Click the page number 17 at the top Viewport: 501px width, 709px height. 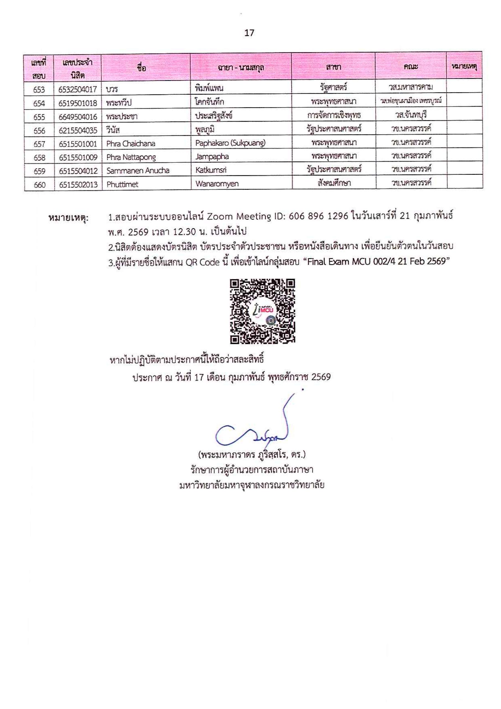[x=249, y=33]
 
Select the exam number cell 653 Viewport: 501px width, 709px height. [x=39, y=89]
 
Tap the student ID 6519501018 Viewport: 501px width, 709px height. [x=78, y=103]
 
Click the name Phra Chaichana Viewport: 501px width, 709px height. [x=131, y=143]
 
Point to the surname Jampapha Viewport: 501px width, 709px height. [x=212, y=156]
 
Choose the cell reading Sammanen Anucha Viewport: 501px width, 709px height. [x=137, y=170]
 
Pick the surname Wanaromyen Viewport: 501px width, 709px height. [x=217, y=184]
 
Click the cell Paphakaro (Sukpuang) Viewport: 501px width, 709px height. [x=230, y=143]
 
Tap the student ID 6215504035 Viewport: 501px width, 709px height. [x=78, y=130]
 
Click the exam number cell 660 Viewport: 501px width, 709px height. [x=39, y=185]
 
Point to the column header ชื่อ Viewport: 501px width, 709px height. [x=141, y=68]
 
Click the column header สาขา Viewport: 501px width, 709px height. [x=333, y=67]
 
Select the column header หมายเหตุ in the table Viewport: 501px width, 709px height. [x=464, y=66]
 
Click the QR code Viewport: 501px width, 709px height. [x=262, y=311]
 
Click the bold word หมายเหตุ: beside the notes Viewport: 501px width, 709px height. [x=68, y=218]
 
